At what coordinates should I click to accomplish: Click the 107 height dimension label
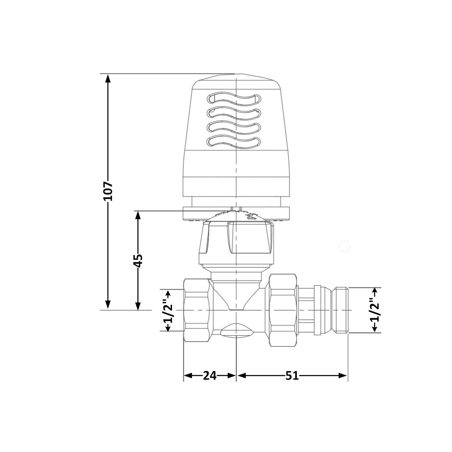point(108,191)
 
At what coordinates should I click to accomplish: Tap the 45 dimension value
point(138,260)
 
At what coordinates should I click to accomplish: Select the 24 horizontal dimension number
point(210,375)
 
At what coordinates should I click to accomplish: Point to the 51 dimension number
point(292,375)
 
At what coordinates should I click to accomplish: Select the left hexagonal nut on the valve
point(197,310)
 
